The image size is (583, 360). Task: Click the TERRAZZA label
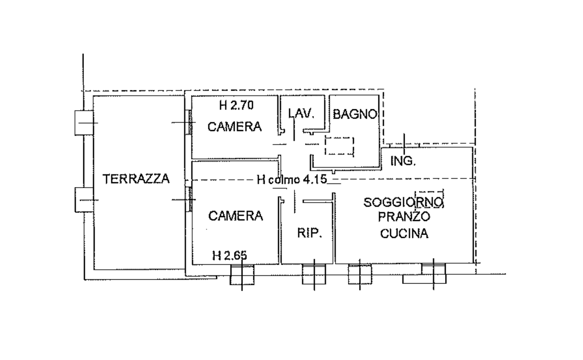[136, 179]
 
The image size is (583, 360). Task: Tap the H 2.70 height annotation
[236, 105]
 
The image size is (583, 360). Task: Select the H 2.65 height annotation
[230, 256]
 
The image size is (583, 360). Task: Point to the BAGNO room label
[355, 114]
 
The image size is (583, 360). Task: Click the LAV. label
[301, 114]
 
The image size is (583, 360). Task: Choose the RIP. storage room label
[309, 233]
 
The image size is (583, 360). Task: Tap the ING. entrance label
[403, 161]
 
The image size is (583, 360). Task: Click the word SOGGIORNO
[403, 202]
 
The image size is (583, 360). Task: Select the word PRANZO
[404, 216]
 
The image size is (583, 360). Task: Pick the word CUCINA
[404, 233]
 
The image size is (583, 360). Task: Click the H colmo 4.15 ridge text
[292, 179]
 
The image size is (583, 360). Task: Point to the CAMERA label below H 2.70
[234, 127]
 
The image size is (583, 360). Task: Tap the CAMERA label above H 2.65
[236, 216]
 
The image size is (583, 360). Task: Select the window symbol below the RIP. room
[314, 274]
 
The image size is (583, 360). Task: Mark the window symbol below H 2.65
[242, 275]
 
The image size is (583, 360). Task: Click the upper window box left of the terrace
[84, 123]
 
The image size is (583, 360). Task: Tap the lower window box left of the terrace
[84, 200]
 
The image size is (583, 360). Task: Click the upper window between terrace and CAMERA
[190, 122]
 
